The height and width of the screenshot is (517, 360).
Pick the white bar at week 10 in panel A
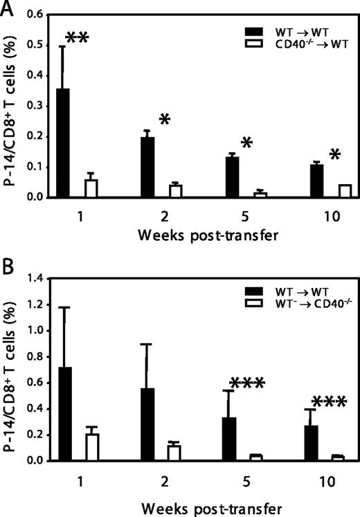(x=305, y=191)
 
